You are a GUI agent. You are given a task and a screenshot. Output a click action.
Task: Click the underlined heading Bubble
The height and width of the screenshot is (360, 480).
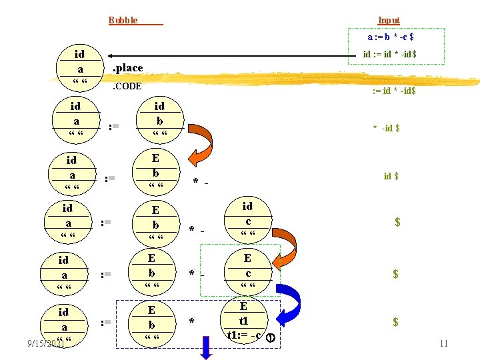click(123, 20)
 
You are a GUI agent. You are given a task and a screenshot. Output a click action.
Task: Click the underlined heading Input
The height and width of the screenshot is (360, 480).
click(389, 20)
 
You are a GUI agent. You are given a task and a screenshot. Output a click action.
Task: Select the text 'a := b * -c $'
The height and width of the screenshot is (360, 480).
click(395, 37)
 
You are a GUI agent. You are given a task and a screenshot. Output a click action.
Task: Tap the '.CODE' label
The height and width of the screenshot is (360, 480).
click(127, 86)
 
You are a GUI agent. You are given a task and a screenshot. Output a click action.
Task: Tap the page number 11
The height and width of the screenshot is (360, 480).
click(443, 343)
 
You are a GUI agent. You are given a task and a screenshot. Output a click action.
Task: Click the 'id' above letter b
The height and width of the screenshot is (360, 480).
click(159, 106)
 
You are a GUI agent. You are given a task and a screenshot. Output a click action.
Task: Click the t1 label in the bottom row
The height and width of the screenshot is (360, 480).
click(243, 321)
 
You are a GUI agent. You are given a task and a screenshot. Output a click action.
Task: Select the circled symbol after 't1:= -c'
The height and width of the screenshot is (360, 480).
click(271, 337)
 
